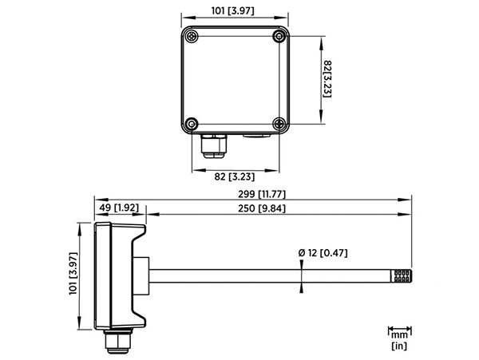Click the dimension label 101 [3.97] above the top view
pyautogui.click(x=232, y=10)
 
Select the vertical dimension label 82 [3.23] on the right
pyautogui.click(x=327, y=77)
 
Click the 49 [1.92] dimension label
pyautogui.click(x=120, y=209)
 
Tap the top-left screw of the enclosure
pyautogui.click(x=192, y=36)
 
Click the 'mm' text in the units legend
pyautogui.click(x=399, y=335)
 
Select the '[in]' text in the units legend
pyautogui.click(x=399, y=346)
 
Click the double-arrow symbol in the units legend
pyautogui.click(x=399, y=327)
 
